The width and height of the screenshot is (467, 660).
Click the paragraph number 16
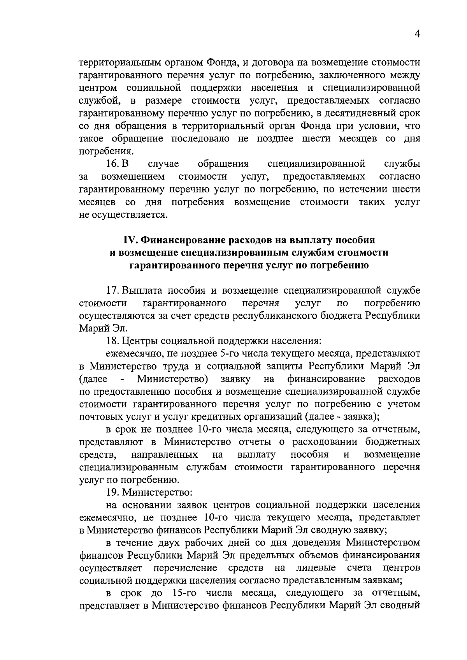coord(112,164)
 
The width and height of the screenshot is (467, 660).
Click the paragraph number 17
coord(112,290)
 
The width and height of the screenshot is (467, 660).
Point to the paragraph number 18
coord(112,341)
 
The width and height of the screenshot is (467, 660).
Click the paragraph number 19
coord(112,492)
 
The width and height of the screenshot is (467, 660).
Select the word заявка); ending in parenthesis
coord(359,417)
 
